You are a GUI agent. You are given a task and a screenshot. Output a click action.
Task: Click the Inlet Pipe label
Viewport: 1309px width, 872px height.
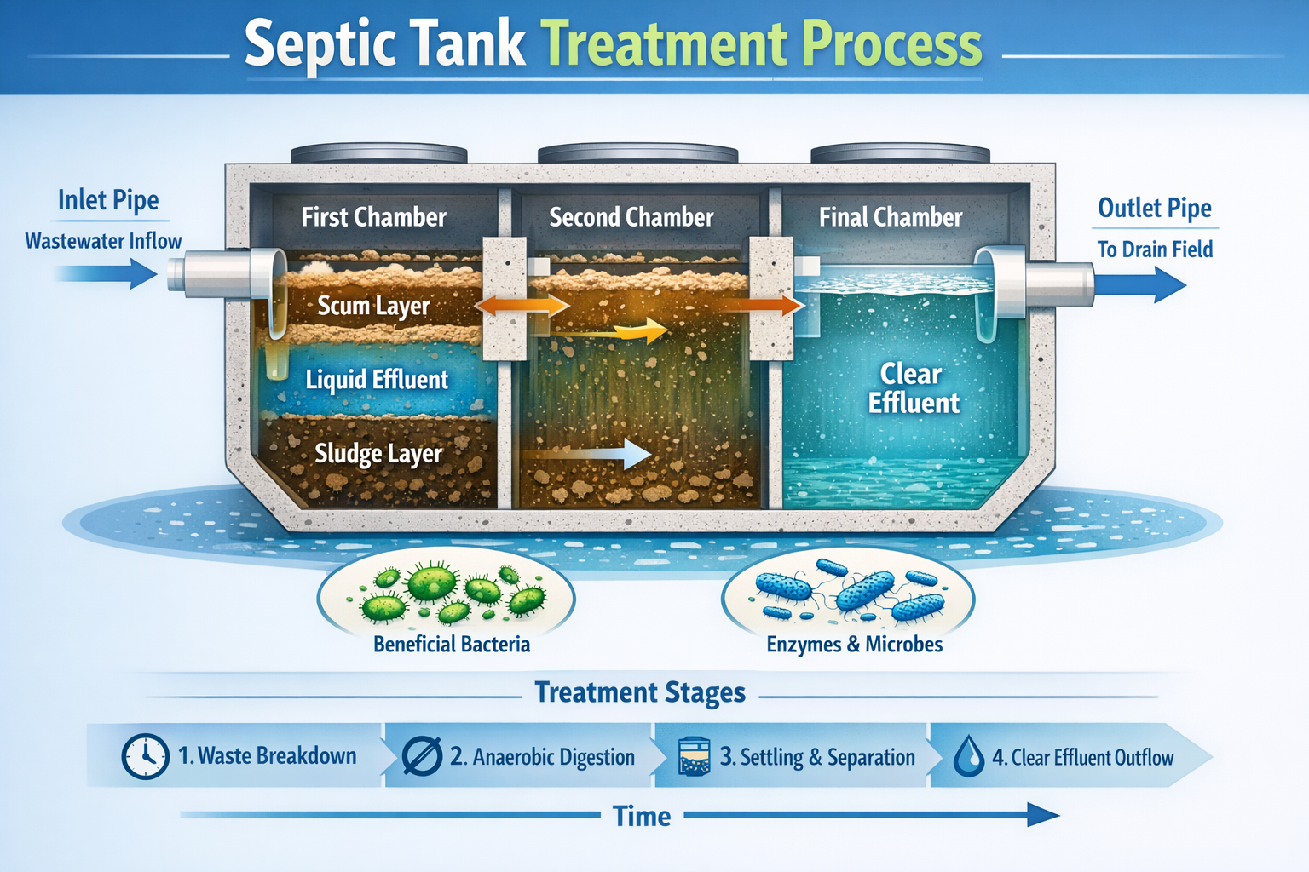108,200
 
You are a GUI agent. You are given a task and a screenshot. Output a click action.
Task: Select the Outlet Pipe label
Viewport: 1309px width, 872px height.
1154,208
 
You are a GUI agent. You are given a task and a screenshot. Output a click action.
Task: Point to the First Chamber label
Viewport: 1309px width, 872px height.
373,217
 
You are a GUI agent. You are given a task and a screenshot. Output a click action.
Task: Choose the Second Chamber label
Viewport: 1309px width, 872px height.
631,217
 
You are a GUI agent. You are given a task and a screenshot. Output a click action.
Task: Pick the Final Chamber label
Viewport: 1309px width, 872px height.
890,217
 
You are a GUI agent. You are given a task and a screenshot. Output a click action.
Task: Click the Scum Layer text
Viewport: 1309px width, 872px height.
373,306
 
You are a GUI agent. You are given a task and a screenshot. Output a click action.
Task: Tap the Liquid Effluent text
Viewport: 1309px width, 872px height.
377,380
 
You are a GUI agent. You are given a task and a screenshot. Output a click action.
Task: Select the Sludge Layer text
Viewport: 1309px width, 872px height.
378,453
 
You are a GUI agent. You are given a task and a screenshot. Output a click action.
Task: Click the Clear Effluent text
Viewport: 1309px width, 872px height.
913,388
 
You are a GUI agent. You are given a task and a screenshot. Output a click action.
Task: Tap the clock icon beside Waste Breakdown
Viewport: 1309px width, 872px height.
145,756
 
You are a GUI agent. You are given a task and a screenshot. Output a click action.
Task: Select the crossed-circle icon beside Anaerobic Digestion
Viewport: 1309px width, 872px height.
422,756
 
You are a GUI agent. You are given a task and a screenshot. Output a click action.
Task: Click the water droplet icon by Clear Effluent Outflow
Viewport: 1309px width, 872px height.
968,756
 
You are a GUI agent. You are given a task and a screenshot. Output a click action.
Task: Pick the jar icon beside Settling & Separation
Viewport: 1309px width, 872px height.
694,756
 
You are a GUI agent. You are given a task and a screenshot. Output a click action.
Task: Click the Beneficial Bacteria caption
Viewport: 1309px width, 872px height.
451,645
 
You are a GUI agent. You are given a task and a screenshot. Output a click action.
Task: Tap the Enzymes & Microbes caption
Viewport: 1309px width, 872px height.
854,645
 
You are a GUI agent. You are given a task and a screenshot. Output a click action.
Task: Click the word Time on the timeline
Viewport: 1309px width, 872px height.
642,817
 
